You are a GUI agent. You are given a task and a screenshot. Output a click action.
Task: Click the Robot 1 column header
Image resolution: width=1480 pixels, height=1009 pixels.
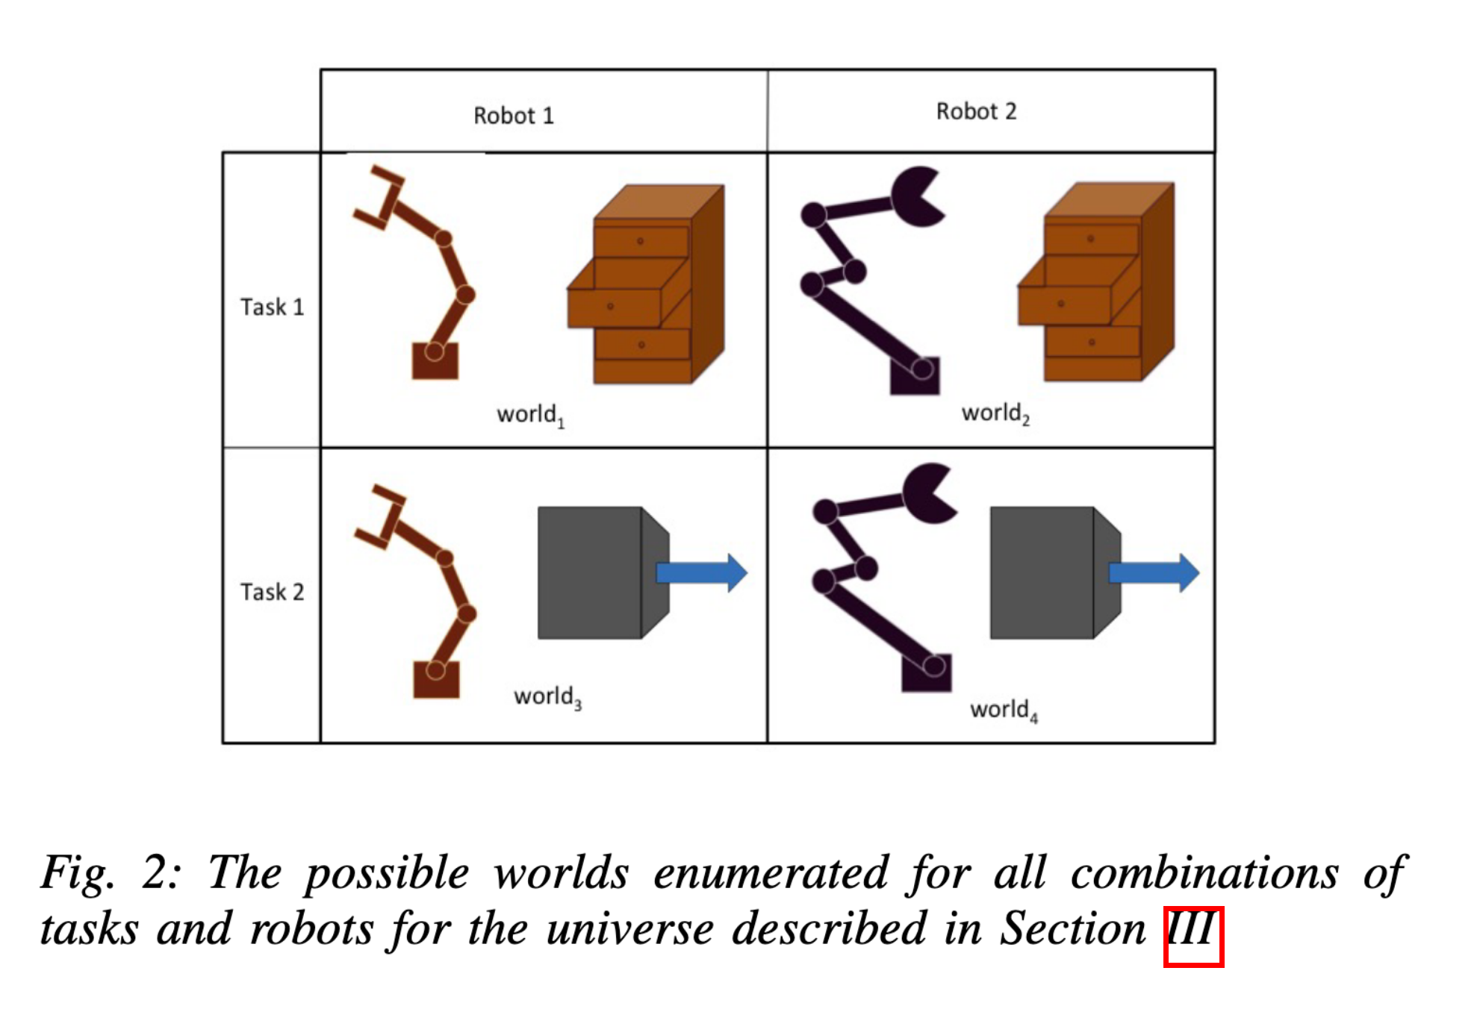coord(513,116)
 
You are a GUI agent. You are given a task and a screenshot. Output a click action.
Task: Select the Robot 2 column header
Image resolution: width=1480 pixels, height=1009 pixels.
coord(976,111)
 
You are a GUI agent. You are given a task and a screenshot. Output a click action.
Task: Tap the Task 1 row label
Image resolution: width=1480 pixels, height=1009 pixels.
coord(272,307)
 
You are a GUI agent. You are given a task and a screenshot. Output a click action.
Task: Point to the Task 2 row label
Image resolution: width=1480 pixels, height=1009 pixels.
coord(272,592)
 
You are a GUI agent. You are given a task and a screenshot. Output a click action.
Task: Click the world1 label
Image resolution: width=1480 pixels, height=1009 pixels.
coord(530,414)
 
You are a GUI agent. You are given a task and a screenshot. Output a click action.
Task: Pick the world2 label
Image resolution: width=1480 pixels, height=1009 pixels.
coord(995,413)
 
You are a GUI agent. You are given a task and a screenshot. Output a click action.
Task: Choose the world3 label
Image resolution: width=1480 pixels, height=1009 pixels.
coord(547,696)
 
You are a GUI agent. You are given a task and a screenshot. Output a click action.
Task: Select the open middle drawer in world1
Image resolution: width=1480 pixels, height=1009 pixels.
coord(614,307)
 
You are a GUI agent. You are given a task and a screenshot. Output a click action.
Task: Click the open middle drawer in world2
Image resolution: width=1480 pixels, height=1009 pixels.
coord(1064,304)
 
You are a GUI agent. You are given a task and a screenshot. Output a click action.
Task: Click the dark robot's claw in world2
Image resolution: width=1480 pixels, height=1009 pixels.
coord(916,196)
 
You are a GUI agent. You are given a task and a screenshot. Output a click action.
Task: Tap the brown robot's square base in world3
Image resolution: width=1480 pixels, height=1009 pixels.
coord(436,679)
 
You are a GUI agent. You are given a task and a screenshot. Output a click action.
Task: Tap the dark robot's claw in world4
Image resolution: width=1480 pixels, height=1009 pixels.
coord(928,493)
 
